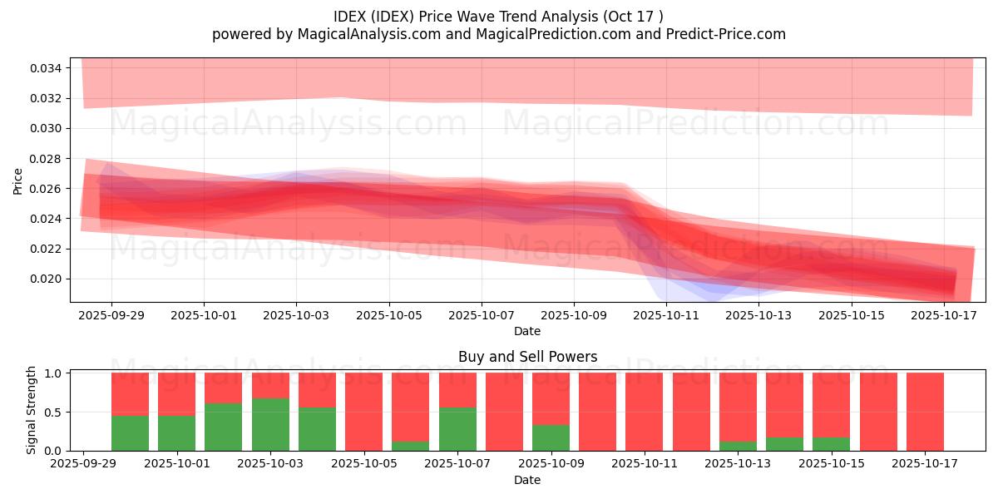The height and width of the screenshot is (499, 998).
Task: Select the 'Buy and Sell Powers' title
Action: tap(527, 357)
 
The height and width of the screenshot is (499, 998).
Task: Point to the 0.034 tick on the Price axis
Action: tap(46, 68)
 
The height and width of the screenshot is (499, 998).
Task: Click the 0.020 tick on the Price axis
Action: tap(46, 279)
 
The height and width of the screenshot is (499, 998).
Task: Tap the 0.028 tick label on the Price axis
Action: tap(46, 158)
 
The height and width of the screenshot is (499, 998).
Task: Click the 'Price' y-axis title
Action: tap(18, 180)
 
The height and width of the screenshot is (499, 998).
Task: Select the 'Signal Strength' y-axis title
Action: tap(32, 409)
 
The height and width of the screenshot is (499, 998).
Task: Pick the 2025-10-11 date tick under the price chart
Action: tap(666, 315)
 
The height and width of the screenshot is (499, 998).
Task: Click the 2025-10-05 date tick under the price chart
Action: tap(388, 315)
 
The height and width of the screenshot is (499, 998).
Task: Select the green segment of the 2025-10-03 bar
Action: tap(270, 424)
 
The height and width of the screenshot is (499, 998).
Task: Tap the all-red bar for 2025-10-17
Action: tap(925, 412)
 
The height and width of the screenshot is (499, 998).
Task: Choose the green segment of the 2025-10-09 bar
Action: tap(551, 437)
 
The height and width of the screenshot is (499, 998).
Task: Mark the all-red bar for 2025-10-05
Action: tap(363, 412)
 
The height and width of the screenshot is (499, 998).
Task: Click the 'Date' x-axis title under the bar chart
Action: tap(527, 480)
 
